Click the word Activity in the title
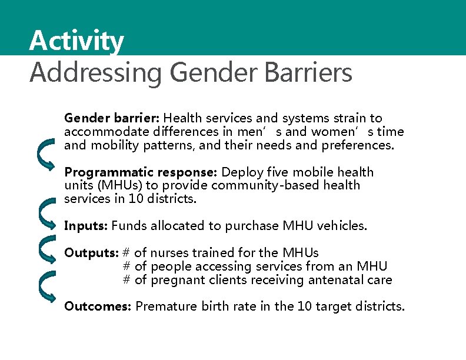tap(76, 41)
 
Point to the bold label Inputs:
tap(86, 226)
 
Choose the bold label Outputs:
tap(91, 253)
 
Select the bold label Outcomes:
tap(98, 306)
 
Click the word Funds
tap(128, 226)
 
